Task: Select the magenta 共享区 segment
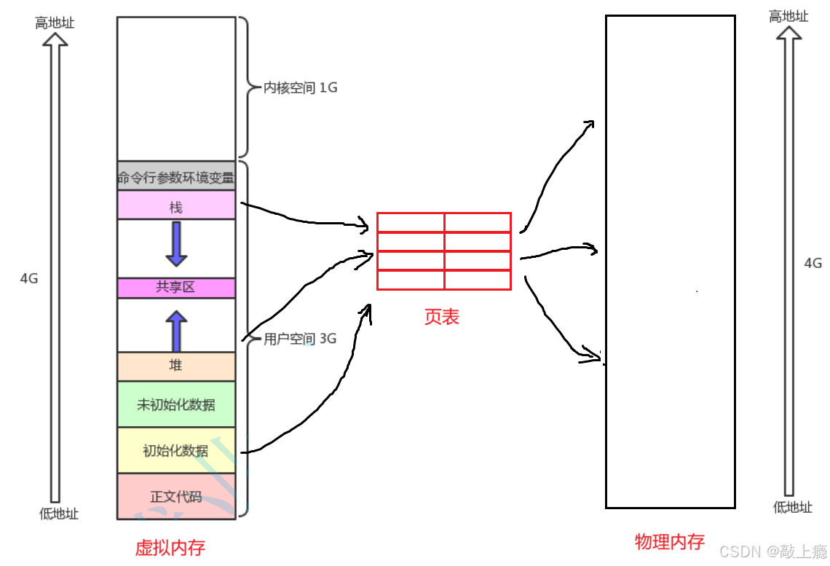(176, 288)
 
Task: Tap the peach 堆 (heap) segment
(176, 366)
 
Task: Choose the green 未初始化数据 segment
(176, 404)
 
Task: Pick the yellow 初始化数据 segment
(176, 451)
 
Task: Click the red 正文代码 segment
(176, 498)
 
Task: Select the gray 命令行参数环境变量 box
(176, 177)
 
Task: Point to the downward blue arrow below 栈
(176, 244)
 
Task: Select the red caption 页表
(442, 317)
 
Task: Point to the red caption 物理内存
(670, 541)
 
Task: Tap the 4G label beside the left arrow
(29, 278)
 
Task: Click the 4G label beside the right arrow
(813, 263)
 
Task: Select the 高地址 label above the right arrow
(788, 16)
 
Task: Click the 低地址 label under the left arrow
(58, 514)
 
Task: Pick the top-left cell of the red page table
(411, 223)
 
